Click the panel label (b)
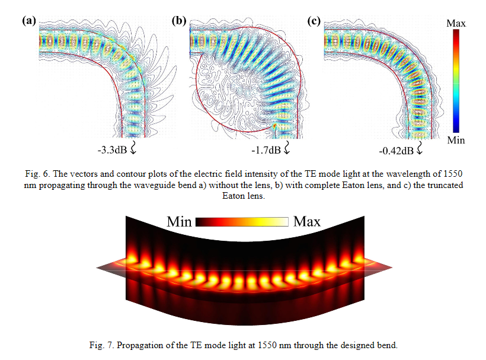coord(178,21)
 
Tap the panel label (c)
coord(314,21)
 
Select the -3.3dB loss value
coord(111,149)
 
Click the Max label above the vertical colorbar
coord(456,23)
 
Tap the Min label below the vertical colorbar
coord(456,140)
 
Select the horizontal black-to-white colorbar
coord(242,222)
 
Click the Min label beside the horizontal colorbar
coord(179,222)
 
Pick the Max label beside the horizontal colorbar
coord(307,222)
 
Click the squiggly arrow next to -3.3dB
coord(132,148)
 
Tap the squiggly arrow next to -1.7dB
coord(288,148)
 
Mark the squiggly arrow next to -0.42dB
coord(421,148)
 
